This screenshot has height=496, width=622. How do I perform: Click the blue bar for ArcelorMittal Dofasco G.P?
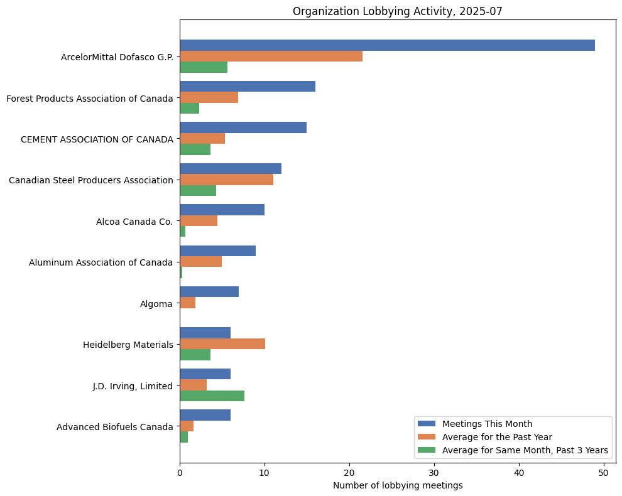(x=387, y=45)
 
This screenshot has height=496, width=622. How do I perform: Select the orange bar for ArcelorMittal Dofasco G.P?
(x=271, y=57)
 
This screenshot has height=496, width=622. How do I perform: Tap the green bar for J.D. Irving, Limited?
(x=212, y=396)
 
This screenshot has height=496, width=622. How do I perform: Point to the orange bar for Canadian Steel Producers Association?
(x=226, y=180)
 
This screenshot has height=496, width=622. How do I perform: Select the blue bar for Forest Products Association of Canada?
(x=248, y=87)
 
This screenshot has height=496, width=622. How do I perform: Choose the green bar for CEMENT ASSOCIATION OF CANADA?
(x=195, y=149)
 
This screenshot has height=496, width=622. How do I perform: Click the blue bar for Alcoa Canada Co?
(x=222, y=210)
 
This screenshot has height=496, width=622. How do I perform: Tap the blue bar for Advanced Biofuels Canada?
(x=205, y=415)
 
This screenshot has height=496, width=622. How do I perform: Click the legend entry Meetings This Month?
(x=487, y=423)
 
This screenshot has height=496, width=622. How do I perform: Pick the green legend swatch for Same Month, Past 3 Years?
(x=427, y=450)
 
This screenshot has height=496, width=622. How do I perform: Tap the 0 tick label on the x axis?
(x=180, y=472)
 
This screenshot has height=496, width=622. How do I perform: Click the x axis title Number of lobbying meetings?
(x=398, y=485)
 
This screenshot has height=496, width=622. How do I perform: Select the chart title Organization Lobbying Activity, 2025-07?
(x=398, y=11)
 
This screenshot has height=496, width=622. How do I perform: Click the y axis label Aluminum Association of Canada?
(x=101, y=262)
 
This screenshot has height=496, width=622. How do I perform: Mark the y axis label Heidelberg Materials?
(x=128, y=345)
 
